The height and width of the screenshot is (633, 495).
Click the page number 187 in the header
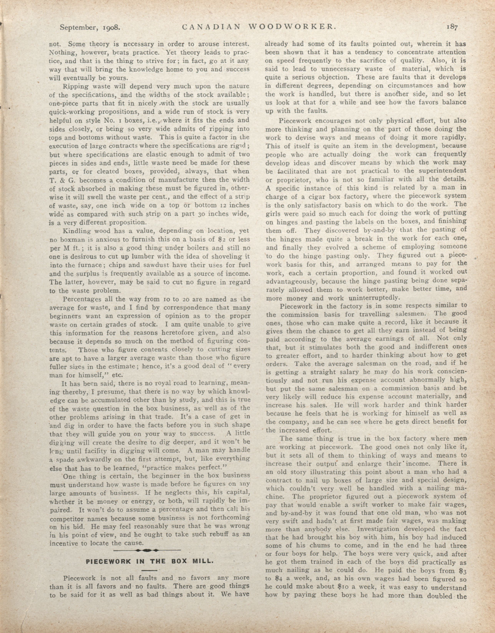point(452,27)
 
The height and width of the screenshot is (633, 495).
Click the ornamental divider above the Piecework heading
point(147,550)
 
